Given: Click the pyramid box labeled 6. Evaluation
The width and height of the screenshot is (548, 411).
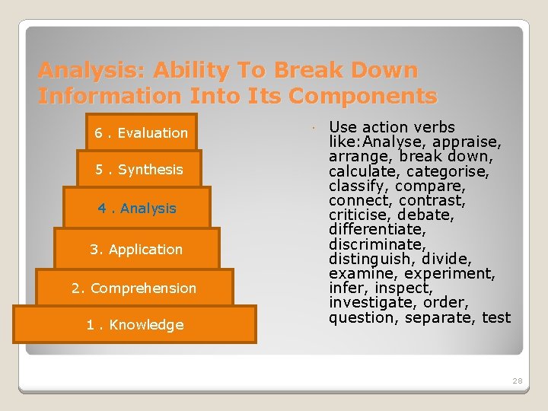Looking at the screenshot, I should click(x=141, y=133).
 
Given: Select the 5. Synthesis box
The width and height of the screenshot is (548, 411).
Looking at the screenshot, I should click(x=139, y=170).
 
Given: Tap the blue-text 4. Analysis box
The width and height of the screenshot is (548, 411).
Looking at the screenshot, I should click(x=137, y=209).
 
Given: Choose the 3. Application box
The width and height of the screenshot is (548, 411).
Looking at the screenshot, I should click(x=137, y=250).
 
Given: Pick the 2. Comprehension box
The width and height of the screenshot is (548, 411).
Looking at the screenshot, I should click(x=134, y=288).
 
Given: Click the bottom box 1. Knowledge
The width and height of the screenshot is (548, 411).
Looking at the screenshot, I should click(x=135, y=325).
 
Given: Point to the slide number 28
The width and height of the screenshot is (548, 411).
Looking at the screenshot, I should click(x=518, y=381).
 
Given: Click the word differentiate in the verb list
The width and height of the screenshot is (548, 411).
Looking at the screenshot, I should click(x=377, y=229).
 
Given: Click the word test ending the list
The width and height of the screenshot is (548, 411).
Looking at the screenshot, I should click(x=496, y=317).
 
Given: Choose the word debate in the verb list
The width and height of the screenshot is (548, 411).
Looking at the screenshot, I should click(x=427, y=215).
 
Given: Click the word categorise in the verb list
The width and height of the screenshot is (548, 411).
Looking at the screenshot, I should click(x=450, y=171).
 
